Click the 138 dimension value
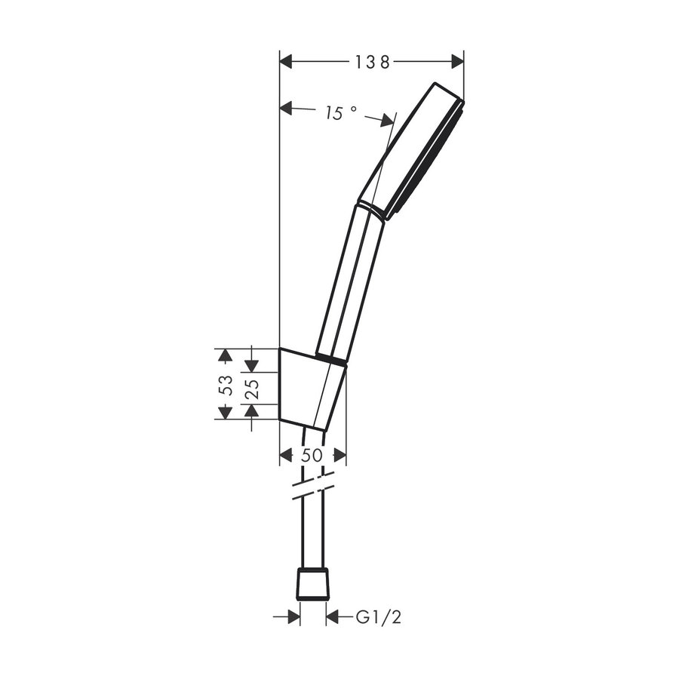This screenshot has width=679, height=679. point(372,63)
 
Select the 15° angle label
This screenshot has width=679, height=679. point(340,113)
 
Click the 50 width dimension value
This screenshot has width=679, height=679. point(312,455)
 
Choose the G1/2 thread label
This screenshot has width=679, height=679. point(379,618)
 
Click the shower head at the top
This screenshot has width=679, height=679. point(413,151)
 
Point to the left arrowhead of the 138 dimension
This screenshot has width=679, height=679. point(287,63)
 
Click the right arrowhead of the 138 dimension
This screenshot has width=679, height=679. point(456,63)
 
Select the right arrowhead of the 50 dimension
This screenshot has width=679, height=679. point(340,455)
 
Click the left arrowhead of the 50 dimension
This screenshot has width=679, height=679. point(286,455)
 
